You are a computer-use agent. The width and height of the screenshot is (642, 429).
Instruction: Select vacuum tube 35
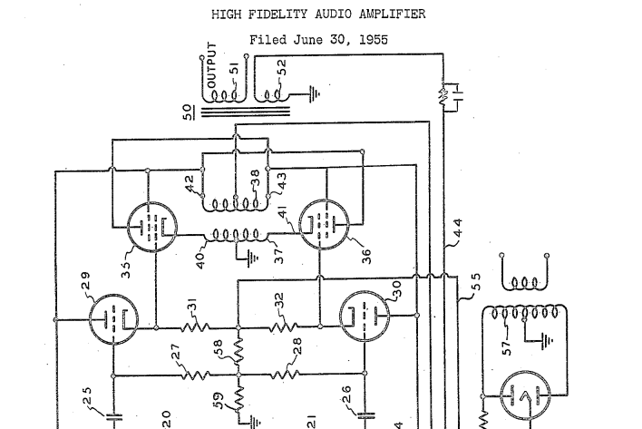tap(151, 226)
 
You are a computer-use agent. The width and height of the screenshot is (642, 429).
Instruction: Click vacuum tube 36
tap(324, 224)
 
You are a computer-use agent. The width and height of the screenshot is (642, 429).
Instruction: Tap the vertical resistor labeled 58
tap(237, 350)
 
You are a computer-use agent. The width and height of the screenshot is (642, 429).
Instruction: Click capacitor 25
tap(114, 417)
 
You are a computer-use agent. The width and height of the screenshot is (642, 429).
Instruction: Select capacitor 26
tap(365, 416)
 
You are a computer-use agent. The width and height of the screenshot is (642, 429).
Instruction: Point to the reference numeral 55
tap(475, 287)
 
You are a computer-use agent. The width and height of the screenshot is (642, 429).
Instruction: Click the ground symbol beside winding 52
tap(312, 93)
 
